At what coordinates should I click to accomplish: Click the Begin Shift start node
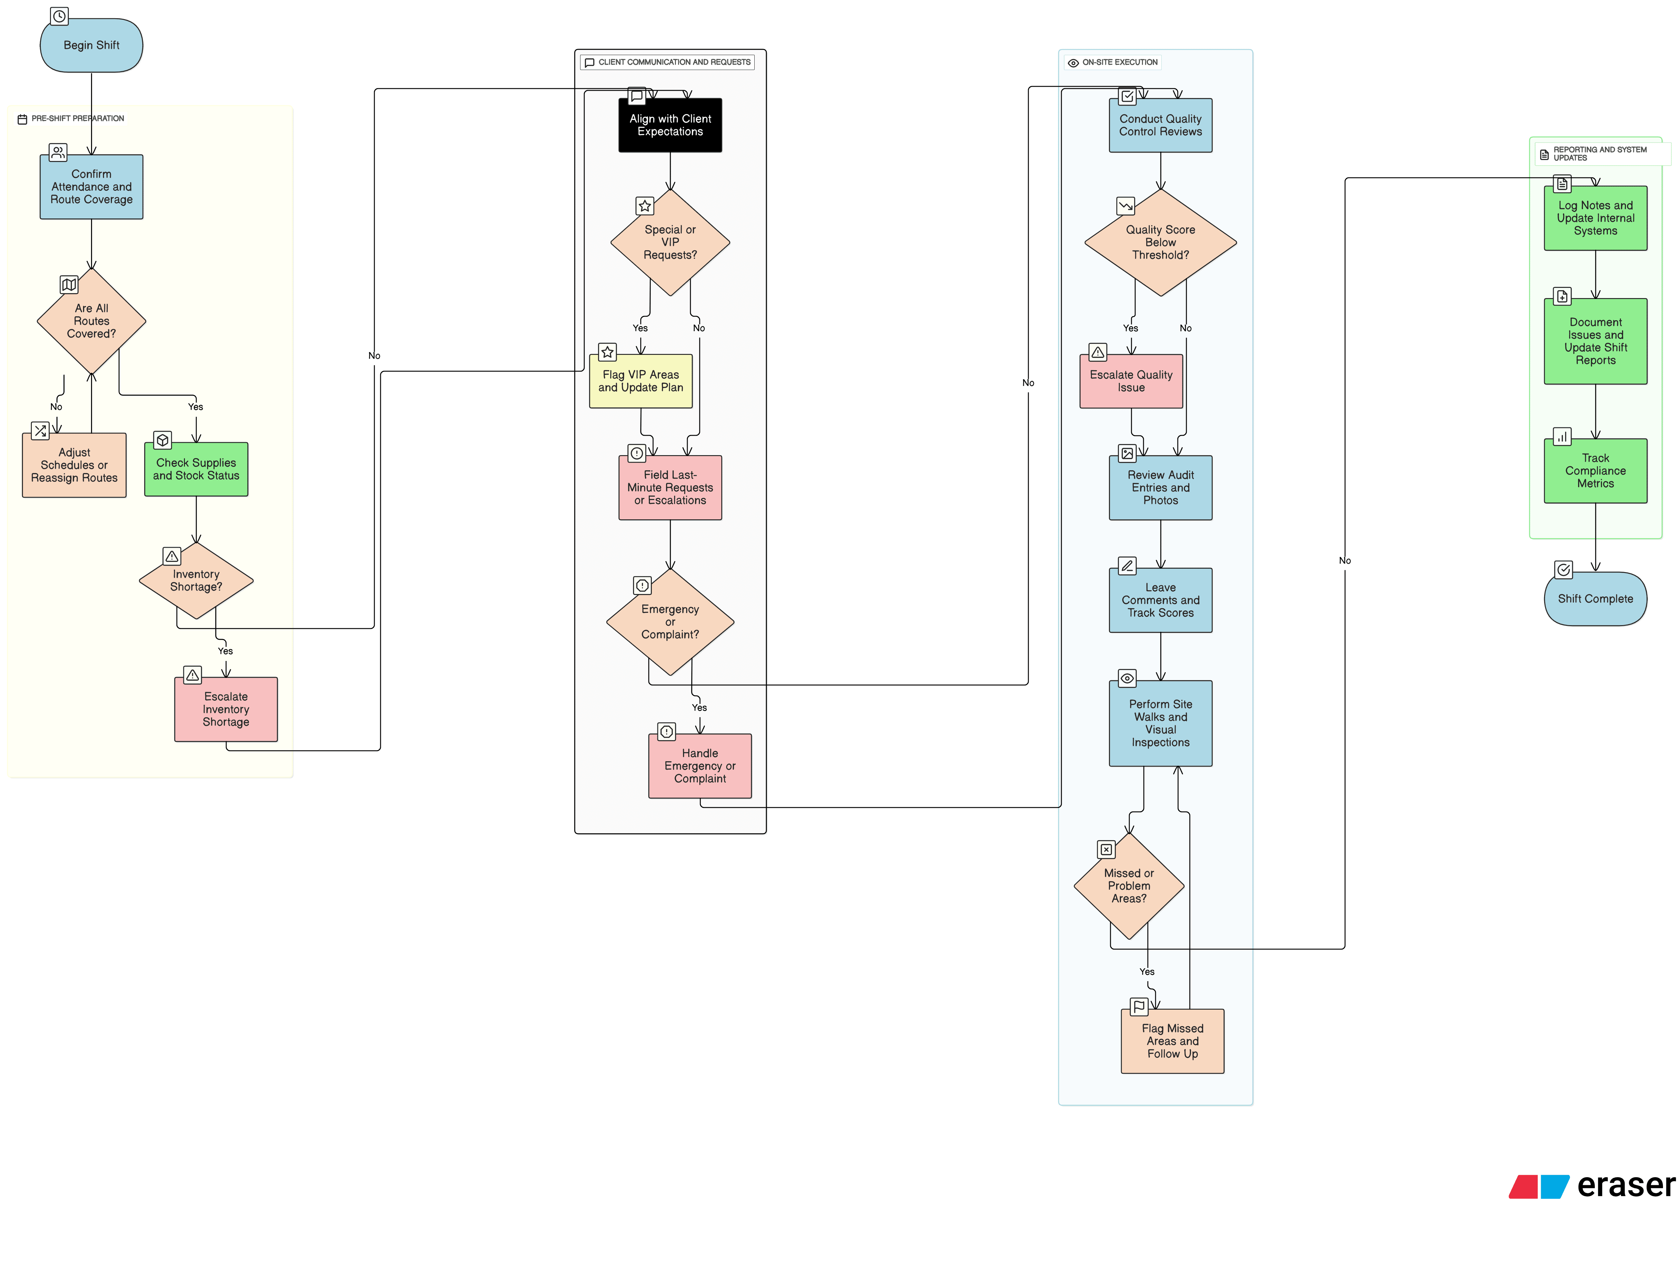coord(91,46)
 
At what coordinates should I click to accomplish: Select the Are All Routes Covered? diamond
coord(91,321)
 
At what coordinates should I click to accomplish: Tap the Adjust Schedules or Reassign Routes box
coord(74,465)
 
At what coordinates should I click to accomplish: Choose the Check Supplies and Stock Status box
coord(196,469)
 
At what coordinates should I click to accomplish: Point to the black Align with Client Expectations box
coord(670,125)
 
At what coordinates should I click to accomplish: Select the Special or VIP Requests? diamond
coord(670,242)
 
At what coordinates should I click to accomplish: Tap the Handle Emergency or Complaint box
coord(700,766)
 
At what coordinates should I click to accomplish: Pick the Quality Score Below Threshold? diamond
coord(1160,242)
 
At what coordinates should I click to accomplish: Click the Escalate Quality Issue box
coord(1131,381)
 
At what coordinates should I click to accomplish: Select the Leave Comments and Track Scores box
coord(1160,600)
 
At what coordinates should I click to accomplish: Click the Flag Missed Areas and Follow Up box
coord(1173,1041)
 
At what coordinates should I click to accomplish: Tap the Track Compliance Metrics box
coord(1595,471)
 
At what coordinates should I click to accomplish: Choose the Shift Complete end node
coord(1595,599)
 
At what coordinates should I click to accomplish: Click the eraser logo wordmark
coord(1626,1185)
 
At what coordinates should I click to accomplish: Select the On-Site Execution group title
coord(1119,62)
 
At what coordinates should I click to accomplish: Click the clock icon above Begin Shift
coord(59,16)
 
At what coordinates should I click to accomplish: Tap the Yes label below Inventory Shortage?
coord(225,651)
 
